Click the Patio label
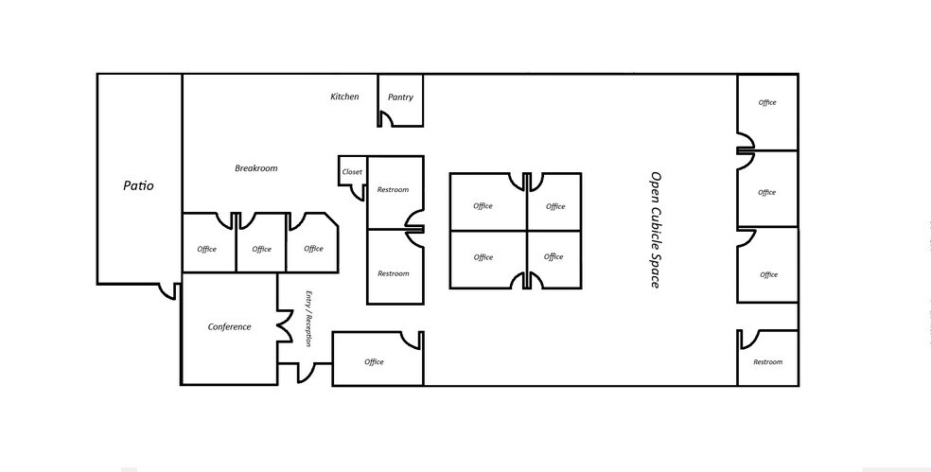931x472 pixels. click(x=138, y=186)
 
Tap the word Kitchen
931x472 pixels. click(x=344, y=96)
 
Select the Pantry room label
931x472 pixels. click(x=400, y=97)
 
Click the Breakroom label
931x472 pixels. click(x=255, y=168)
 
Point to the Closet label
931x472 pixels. click(x=352, y=172)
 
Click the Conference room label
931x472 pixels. click(x=229, y=327)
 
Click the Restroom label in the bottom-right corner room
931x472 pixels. click(x=767, y=362)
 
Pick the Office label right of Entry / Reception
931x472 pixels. click(x=374, y=362)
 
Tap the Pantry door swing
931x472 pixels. click(x=386, y=118)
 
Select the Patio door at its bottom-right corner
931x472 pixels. click(x=168, y=291)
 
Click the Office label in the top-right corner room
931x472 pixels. click(x=767, y=103)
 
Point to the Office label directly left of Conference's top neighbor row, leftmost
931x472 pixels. click(x=206, y=250)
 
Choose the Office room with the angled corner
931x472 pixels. click(x=313, y=249)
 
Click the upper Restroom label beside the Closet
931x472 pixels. click(x=393, y=190)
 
